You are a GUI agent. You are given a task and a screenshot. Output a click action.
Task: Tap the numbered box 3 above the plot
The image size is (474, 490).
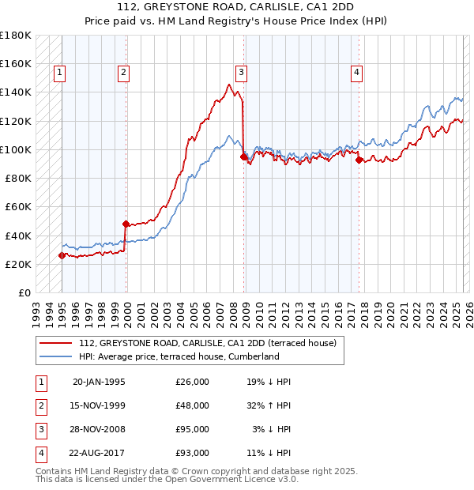tap(242, 73)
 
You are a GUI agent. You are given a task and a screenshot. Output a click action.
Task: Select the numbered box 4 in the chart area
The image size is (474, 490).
tap(357, 73)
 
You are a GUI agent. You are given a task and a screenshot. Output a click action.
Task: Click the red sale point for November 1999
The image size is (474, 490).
tap(126, 224)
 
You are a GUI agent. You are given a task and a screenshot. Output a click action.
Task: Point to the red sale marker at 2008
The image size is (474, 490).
tap(243, 156)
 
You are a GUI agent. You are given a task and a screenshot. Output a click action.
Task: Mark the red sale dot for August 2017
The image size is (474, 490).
tap(359, 160)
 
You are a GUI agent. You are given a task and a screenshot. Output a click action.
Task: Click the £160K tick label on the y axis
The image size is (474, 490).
tap(16, 63)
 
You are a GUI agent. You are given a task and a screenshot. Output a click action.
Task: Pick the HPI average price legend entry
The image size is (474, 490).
tap(179, 356)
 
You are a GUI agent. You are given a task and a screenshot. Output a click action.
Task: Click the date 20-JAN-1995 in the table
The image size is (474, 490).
tap(99, 382)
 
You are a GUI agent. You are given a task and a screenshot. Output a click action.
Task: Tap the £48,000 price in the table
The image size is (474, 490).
tap(192, 405)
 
